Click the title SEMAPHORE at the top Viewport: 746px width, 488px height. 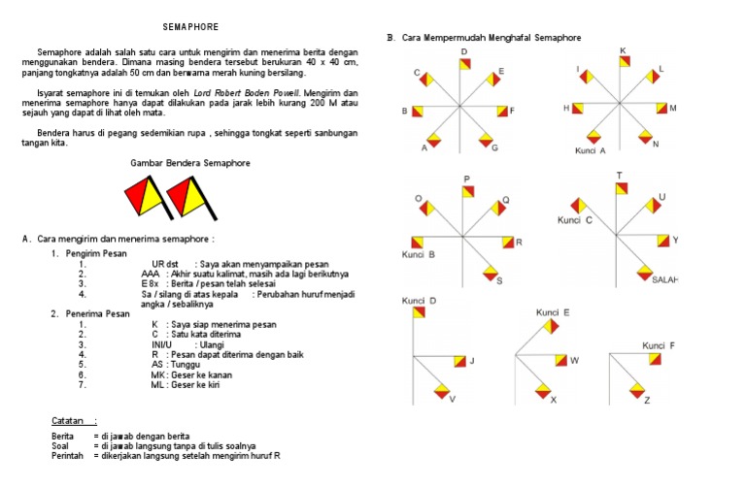coord(190,25)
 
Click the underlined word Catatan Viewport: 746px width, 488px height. coord(70,421)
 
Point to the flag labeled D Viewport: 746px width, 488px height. coord(464,64)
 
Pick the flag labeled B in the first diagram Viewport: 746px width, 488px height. coord(418,112)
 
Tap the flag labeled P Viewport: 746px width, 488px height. coord(467,192)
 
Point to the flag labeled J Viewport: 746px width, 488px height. coord(455,361)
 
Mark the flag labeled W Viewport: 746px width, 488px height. coord(560,361)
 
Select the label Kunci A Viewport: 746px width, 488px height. coord(590,151)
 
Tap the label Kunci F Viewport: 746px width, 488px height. coord(659,345)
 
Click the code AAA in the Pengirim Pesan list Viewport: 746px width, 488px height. coord(151,275)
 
